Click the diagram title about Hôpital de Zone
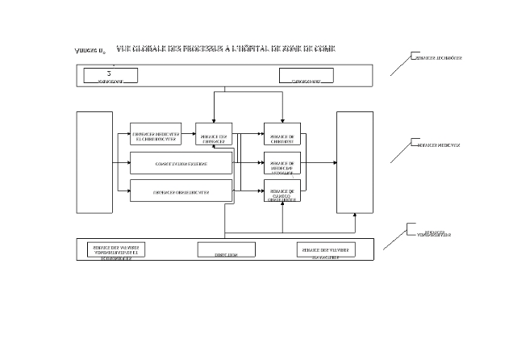226,49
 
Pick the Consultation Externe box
181,163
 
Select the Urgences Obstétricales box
181,191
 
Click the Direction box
226,249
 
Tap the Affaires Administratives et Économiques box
116,249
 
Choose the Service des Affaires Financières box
325,249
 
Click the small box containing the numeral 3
111,75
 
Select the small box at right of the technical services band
306,76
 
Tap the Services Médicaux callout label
439,145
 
